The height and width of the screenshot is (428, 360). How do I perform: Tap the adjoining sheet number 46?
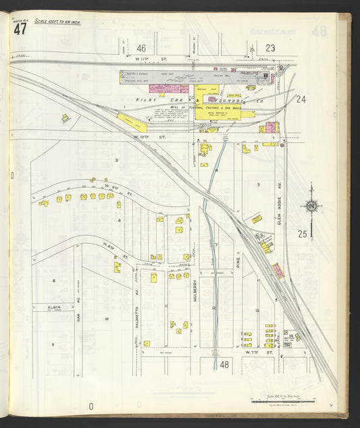coord(141,48)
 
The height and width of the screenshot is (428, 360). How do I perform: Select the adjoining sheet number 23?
coord(270,48)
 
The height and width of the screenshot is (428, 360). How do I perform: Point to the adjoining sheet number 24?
coord(301,99)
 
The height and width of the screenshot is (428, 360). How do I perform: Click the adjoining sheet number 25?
coord(303,234)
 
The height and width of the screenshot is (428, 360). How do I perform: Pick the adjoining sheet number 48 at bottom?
coord(224,365)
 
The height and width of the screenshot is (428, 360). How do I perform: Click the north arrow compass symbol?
coord(311,206)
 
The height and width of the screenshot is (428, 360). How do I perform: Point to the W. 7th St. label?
coord(253,352)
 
